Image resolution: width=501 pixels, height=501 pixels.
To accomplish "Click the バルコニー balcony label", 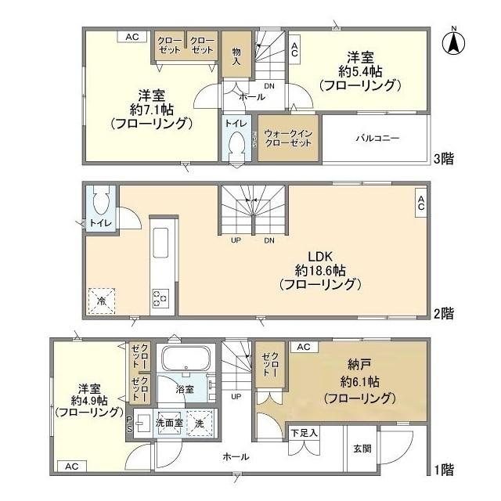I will [378, 139].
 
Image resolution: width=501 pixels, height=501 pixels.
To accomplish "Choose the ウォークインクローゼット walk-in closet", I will [289, 139].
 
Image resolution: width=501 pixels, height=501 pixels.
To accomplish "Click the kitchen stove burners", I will [161, 298].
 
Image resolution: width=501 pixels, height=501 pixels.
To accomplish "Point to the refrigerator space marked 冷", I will [101, 299].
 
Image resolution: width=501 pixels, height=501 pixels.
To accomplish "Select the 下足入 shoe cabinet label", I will [305, 433].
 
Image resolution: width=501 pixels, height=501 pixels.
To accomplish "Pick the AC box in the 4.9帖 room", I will [72, 466].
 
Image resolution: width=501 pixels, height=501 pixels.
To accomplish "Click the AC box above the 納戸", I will [304, 346].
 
